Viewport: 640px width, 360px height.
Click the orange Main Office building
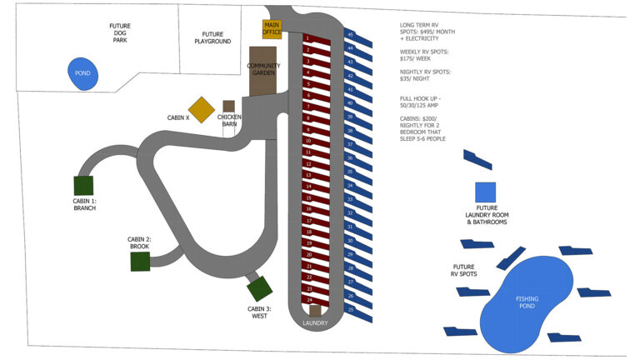(x=272, y=29)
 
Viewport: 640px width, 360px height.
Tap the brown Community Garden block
(x=262, y=70)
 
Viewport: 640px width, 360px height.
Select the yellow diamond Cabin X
(x=201, y=110)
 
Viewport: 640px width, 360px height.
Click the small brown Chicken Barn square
(x=228, y=107)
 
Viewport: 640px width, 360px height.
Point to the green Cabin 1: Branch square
(x=83, y=186)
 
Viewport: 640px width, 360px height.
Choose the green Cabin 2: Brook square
(x=140, y=262)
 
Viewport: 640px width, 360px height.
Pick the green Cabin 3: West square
(x=259, y=289)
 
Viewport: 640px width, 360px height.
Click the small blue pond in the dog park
(x=83, y=72)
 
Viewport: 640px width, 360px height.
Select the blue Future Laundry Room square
(x=485, y=192)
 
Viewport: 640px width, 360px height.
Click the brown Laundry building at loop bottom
(x=315, y=311)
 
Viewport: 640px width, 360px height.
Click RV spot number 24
(x=311, y=299)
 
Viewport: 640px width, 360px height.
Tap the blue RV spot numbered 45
(x=352, y=35)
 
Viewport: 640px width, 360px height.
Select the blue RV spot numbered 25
(x=352, y=310)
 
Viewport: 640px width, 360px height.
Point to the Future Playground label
(x=212, y=37)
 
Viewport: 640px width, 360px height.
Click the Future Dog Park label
(x=120, y=32)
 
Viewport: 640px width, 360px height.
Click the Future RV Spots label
(x=464, y=270)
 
